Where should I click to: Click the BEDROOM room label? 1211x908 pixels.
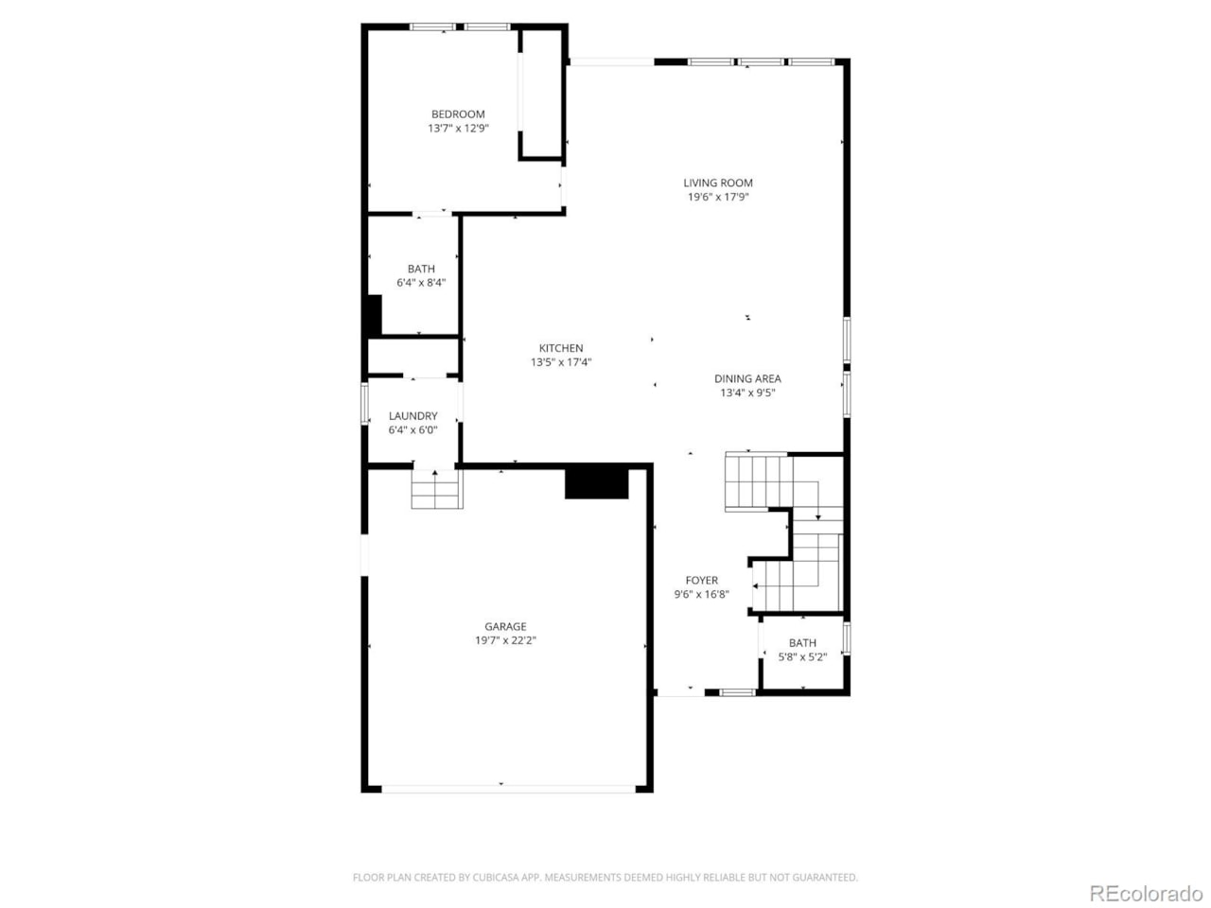(x=458, y=114)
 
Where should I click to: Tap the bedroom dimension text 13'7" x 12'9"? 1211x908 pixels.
(x=458, y=129)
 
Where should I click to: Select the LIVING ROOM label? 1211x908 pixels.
(x=718, y=183)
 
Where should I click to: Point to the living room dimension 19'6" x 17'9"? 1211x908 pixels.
(x=718, y=198)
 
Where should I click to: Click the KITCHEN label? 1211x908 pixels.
(x=561, y=348)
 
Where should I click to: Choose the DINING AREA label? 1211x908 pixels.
(x=747, y=379)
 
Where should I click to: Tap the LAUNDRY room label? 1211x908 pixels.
(x=412, y=416)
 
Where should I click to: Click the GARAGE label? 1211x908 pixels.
(x=505, y=626)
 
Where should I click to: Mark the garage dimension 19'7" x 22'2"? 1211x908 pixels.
(x=505, y=640)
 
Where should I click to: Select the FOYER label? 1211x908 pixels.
(x=701, y=581)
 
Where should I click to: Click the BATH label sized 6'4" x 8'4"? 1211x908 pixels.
(x=421, y=270)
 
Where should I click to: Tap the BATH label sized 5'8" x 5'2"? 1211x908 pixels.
(x=802, y=643)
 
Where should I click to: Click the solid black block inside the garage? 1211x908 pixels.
(x=596, y=482)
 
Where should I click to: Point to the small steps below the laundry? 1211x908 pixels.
(x=436, y=489)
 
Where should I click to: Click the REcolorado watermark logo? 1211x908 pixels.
(x=1146, y=893)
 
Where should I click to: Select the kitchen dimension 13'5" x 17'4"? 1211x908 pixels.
(x=561, y=362)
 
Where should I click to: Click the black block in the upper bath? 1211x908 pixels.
(x=373, y=315)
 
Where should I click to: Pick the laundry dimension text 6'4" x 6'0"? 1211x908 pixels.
(x=412, y=430)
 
